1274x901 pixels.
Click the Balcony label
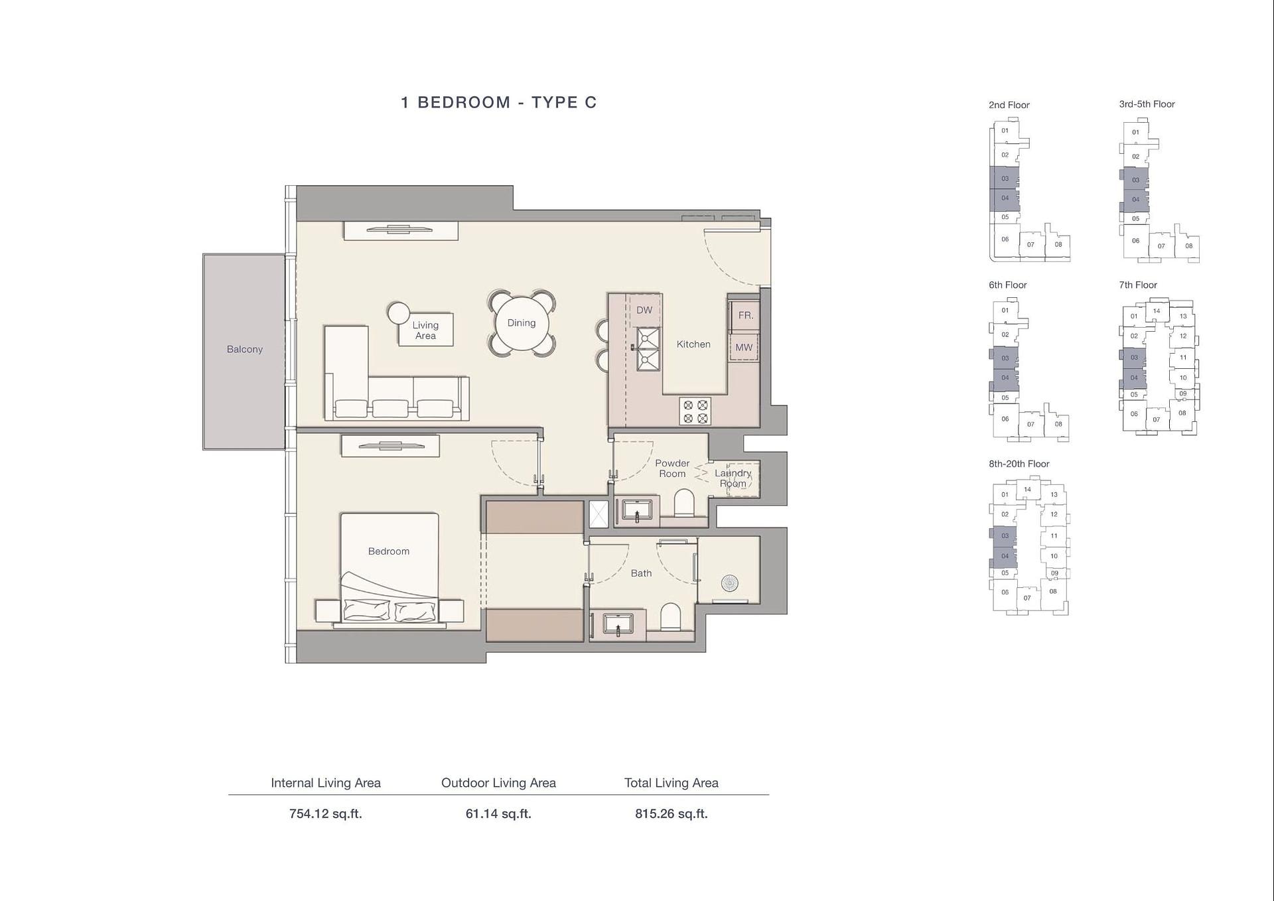(x=244, y=349)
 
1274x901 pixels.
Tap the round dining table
(x=522, y=323)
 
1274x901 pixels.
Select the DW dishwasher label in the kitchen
(x=644, y=310)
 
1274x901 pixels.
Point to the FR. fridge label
(x=746, y=316)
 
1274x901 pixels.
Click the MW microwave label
(x=744, y=348)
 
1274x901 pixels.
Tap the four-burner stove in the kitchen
(x=695, y=411)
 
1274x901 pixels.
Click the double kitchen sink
(x=648, y=348)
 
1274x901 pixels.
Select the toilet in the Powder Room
(x=683, y=503)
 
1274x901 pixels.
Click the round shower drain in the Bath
(x=730, y=583)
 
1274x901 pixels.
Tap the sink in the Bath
(x=618, y=624)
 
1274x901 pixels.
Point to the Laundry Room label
(x=733, y=478)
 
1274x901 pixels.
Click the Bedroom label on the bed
(x=389, y=551)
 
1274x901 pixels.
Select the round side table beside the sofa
(x=399, y=313)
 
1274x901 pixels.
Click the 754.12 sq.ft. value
(x=326, y=813)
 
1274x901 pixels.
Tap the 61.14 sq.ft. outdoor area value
(x=498, y=813)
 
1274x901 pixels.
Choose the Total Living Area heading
(x=672, y=783)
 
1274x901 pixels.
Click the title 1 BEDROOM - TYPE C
(x=499, y=102)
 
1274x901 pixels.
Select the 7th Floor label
(x=1138, y=285)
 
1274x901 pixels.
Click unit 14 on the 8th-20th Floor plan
(x=1027, y=490)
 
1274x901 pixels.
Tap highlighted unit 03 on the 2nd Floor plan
(x=1005, y=178)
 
